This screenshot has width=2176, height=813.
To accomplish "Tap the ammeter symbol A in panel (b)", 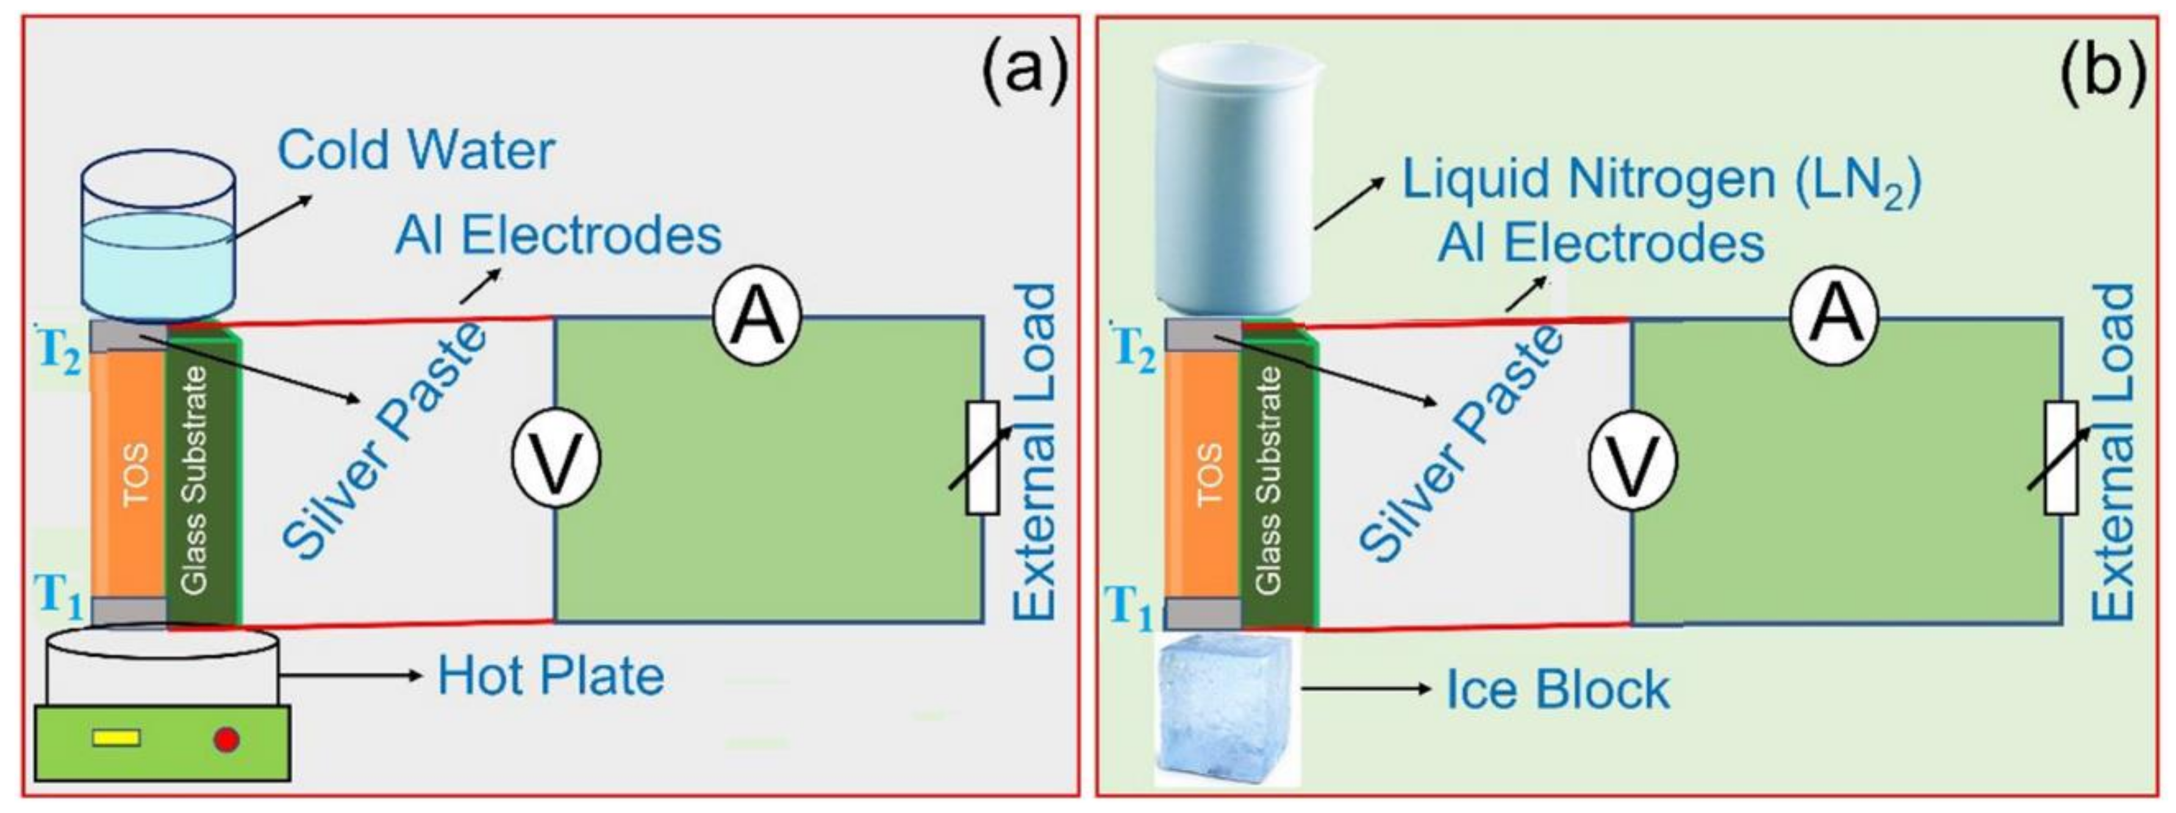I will click(x=1834, y=318).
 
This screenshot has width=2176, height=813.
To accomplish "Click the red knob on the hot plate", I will click(x=226, y=740).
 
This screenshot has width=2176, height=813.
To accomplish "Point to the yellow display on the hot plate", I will click(x=116, y=739).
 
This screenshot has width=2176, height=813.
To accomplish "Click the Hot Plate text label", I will click(x=551, y=676).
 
